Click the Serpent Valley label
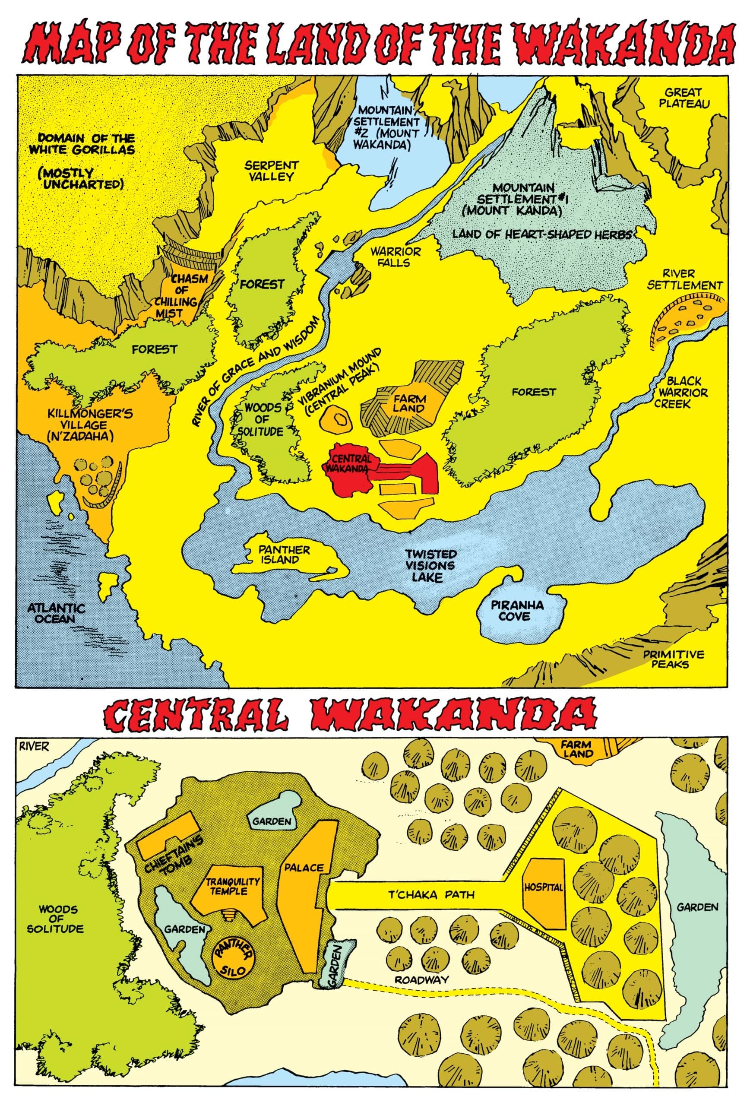(x=271, y=171)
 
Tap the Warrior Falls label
(x=396, y=257)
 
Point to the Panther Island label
(x=284, y=555)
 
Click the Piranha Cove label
(x=517, y=611)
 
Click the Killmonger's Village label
(x=90, y=425)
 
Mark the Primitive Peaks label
(x=673, y=659)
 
